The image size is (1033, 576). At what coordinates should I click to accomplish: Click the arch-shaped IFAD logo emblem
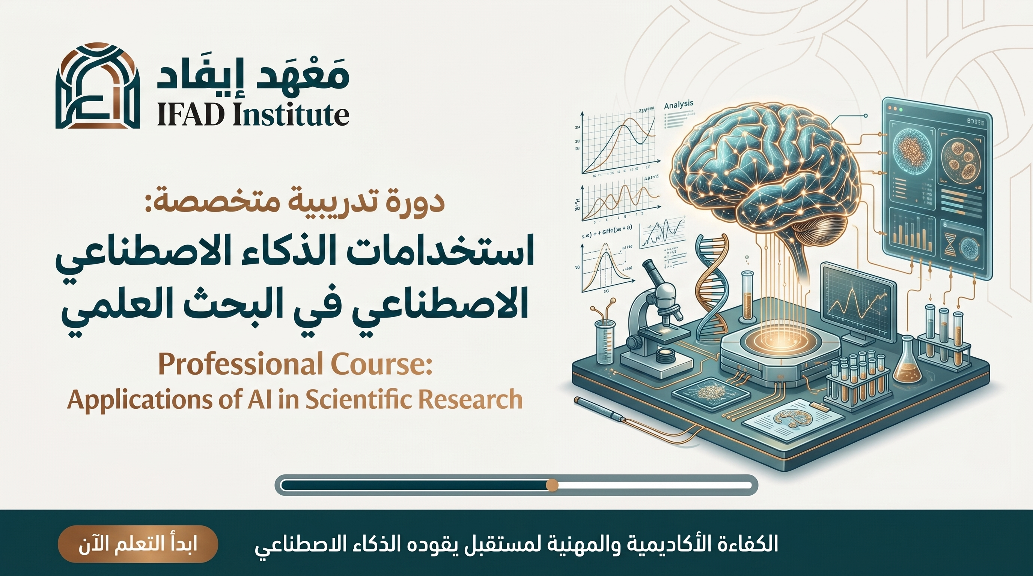pyautogui.click(x=98, y=86)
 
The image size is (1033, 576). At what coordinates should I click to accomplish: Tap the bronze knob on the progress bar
pyautogui.click(x=552, y=485)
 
